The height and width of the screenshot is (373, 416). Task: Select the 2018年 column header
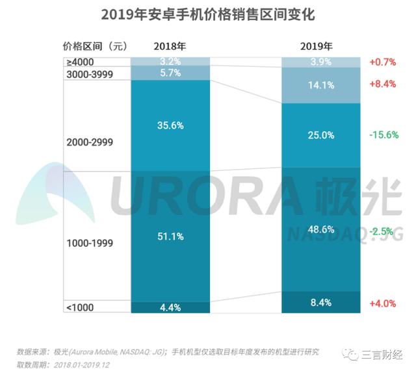(170, 46)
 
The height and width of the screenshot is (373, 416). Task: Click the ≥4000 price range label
(81, 62)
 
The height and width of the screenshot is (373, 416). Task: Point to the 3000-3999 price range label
(91, 74)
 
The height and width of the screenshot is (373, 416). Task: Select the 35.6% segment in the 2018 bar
(170, 126)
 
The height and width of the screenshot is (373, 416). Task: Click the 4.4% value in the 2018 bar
(170, 308)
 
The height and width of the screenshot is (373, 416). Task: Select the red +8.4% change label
(383, 84)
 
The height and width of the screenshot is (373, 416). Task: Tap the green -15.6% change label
(383, 135)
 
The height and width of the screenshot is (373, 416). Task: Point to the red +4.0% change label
(383, 303)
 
